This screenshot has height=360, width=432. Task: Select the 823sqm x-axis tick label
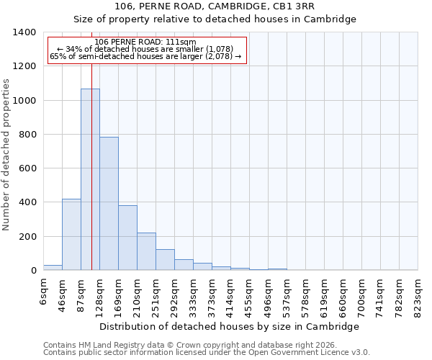tap(418, 294)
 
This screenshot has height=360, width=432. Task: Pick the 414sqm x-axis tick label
tap(230, 294)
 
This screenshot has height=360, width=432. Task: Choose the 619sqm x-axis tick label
tap(324, 294)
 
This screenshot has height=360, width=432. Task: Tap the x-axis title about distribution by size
tap(229, 326)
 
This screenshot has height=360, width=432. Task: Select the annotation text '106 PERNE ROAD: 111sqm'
tap(145, 42)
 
